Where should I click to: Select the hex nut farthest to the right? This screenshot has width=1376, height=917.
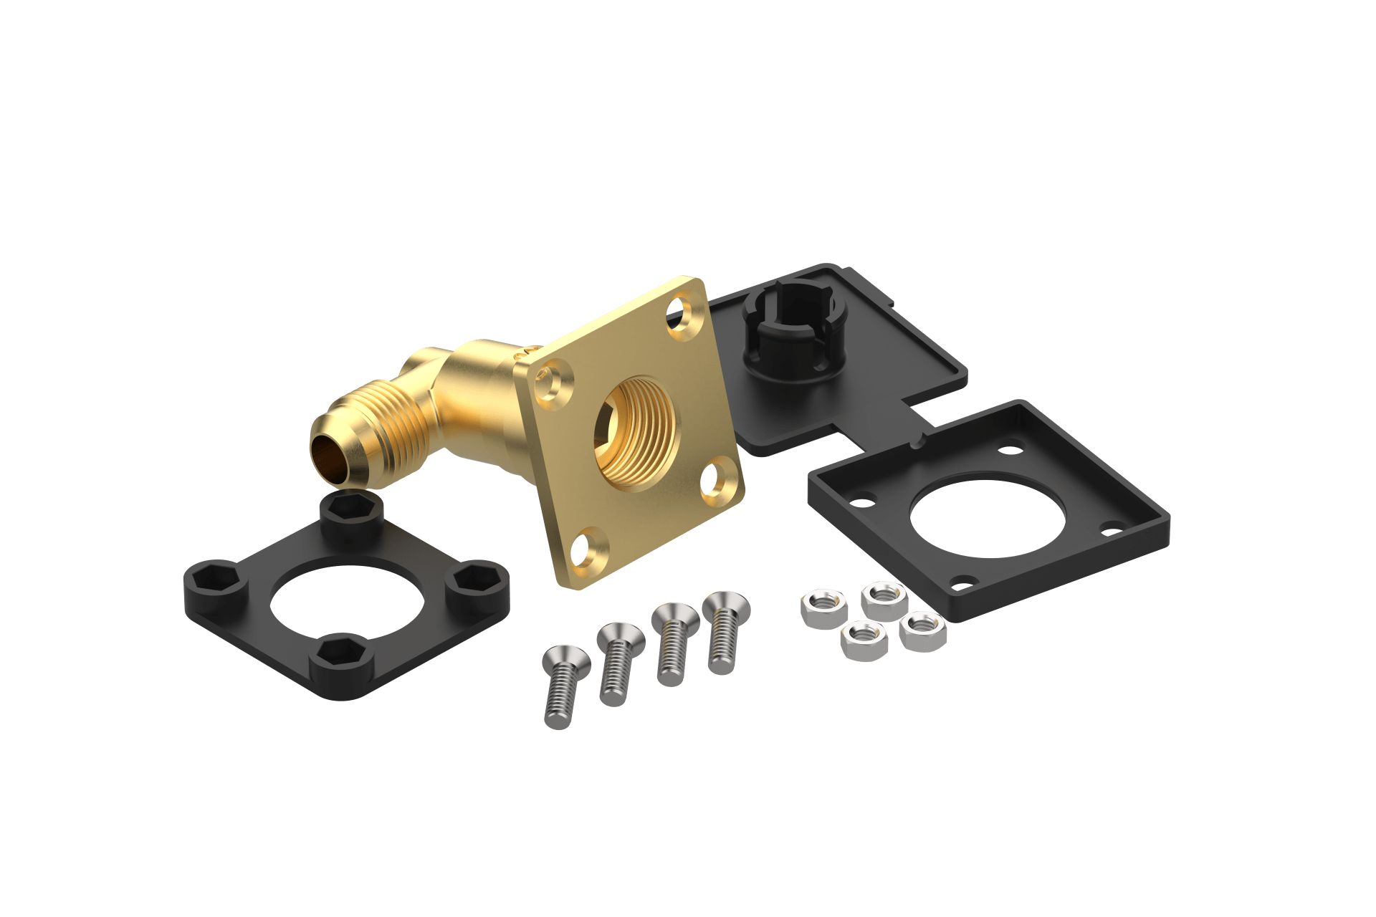click(922, 631)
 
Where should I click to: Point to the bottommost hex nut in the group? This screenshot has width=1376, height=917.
click(864, 639)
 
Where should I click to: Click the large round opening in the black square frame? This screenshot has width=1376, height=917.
click(987, 513)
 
